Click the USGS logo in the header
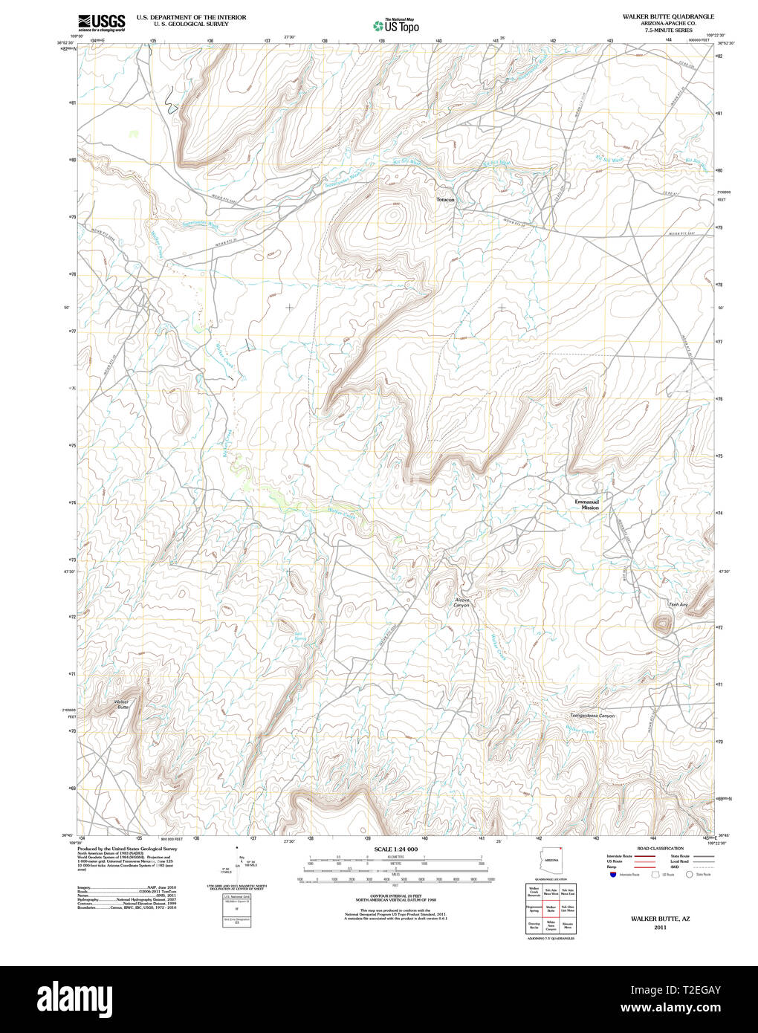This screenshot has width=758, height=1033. click(x=102, y=22)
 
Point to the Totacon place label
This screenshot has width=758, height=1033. click(x=445, y=200)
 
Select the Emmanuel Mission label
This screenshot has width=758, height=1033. click(x=586, y=504)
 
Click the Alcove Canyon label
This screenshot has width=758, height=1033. click(x=461, y=602)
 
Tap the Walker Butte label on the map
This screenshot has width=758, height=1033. click(x=121, y=704)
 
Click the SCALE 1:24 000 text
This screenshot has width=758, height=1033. click(x=395, y=849)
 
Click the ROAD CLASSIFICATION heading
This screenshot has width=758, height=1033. click(x=660, y=848)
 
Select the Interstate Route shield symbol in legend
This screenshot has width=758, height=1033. click(x=612, y=875)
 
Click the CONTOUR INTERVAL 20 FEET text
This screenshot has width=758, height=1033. click(x=395, y=896)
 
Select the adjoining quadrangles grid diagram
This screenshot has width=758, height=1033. click(x=551, y=909)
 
